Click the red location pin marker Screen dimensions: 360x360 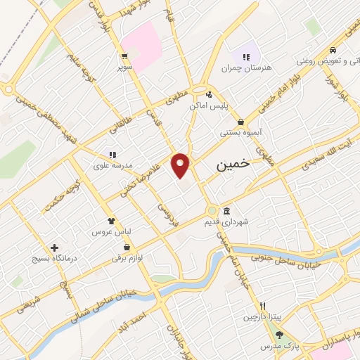point(181,165)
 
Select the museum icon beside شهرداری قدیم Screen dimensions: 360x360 point(226,211)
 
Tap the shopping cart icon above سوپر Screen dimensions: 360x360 point(124,57)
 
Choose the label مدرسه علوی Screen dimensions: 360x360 point(111,167)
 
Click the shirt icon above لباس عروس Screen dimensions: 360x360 point(110,221)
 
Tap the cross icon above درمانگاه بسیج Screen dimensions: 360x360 point(54,247)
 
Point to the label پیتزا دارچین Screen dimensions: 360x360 point(262,318)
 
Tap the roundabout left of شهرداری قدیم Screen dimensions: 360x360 point(212,210)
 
